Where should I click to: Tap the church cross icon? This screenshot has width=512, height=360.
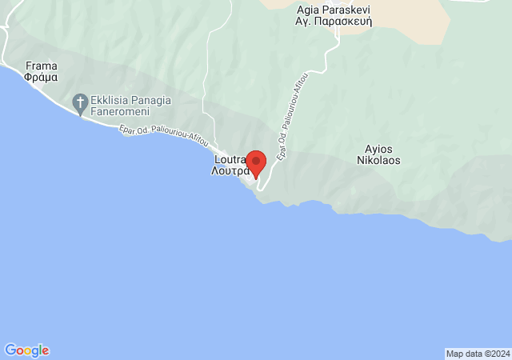coord(80,102)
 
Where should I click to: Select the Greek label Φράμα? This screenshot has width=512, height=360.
coord(40,80)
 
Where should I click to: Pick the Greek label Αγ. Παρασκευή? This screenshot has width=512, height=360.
coord(336,22)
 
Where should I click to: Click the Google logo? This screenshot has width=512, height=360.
coord(26,350)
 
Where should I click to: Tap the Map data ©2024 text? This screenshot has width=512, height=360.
coord(477,354)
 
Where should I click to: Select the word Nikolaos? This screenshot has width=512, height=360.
coord(378,160)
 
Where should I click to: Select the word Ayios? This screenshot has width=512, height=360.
coord(378,148)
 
